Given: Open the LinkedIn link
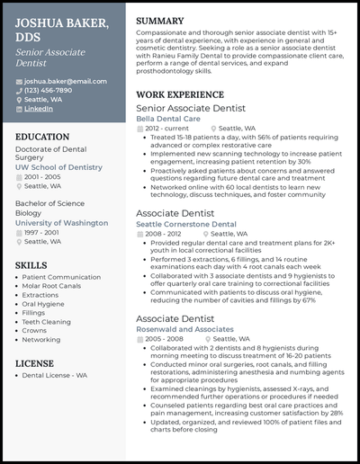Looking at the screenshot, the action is point(39,108).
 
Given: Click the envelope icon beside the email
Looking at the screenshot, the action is point(19,81).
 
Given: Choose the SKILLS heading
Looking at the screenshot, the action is point(32,265).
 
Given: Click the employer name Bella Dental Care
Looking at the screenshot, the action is point(169,118).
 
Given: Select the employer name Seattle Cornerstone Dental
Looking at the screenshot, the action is point(186,224).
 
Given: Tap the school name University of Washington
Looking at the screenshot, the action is point(61,222).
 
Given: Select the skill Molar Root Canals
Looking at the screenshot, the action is point(52,287).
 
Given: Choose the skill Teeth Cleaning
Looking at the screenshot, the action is point(47,322).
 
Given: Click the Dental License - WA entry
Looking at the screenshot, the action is point(55,374).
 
